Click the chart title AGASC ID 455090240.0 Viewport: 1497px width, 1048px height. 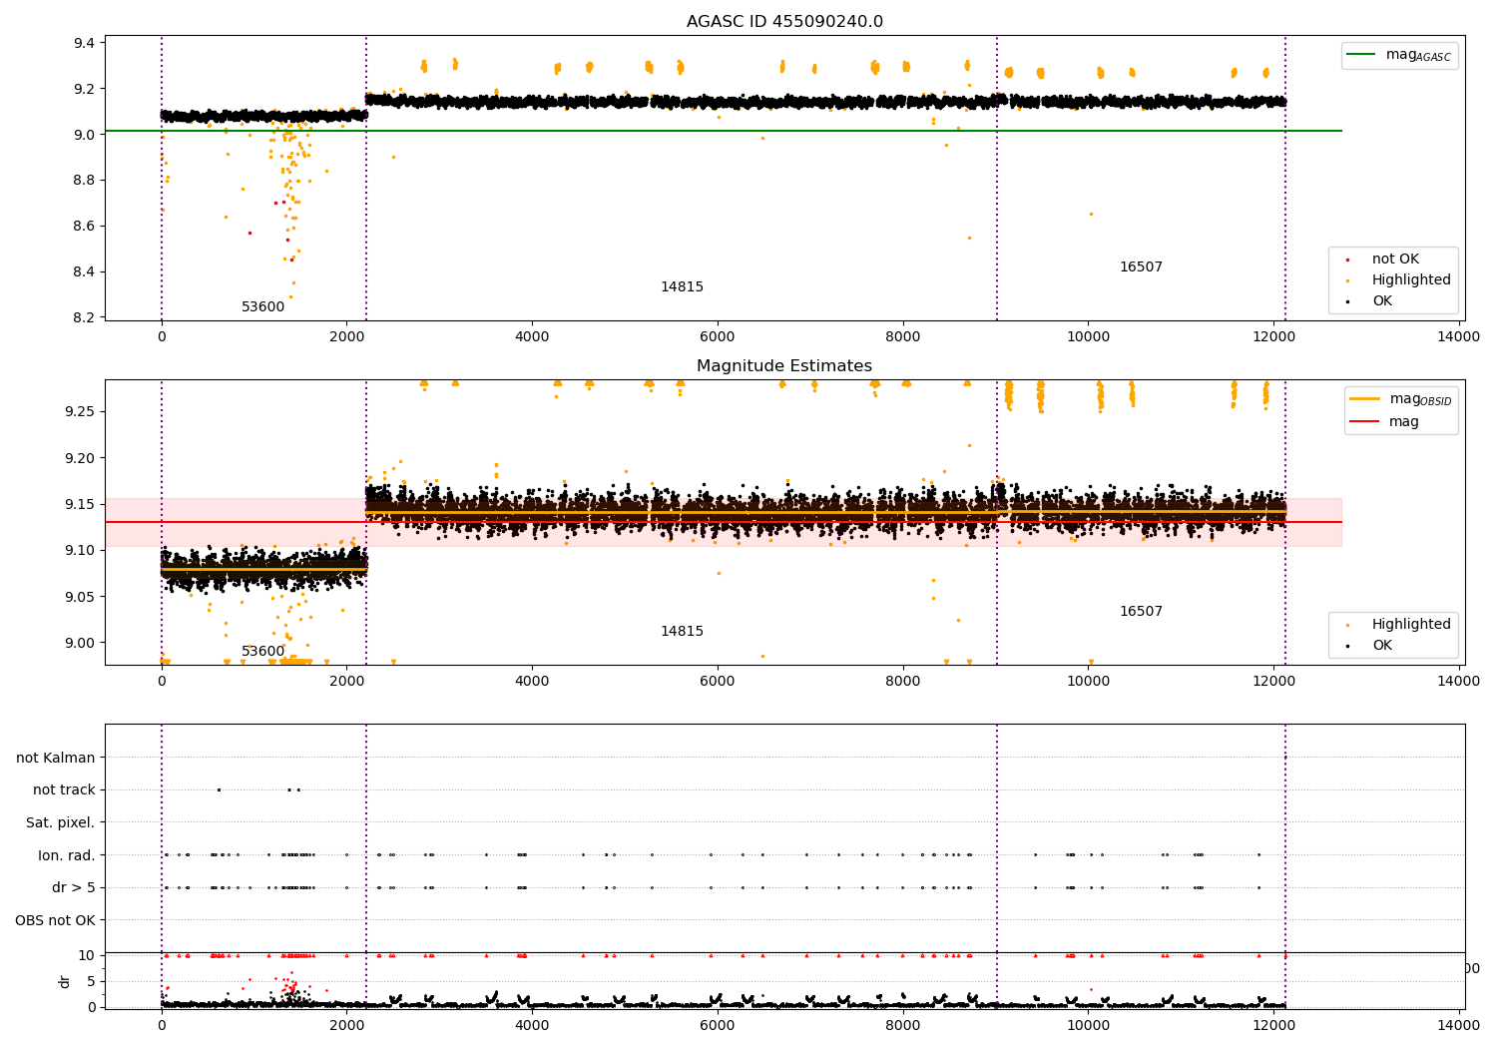click(x=784, y=22)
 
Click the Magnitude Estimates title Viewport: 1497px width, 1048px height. click(x=784, y=366)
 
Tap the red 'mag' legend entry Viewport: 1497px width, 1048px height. click(x=1403, y=421)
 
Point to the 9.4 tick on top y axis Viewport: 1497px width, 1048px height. click(x=84, y=43)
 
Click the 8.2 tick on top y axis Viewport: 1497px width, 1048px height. click(x=84, y=317)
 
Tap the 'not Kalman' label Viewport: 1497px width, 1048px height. click(x=56, y=758)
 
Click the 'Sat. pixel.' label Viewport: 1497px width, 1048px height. click(x=60, y=822)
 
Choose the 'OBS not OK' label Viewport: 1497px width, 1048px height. click(x=55, y=920)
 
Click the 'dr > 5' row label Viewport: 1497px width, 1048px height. click(x=73, y=887)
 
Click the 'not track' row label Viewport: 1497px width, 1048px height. click(x=64, y=789)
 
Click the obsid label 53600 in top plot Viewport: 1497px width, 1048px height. click(x=262, y=306)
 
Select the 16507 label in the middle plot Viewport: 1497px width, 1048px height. click(x=1141, y=611)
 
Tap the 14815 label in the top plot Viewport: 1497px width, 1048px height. click(x=682, y=286)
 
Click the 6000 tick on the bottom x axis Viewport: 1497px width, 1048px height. click(x=718, y=1024)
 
